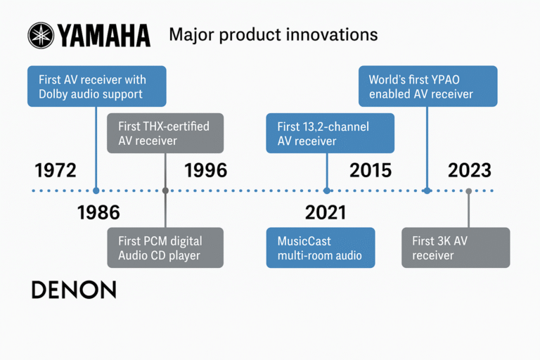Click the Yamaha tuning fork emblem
pyautogui.click(x=39, y=34)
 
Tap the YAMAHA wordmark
pyautogui.click(x=103, y=34)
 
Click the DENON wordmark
pyautogui.click(x=74, y=290)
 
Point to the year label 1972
pyautogui.click(x=55, y=170)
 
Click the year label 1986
pyautogui.click(x=98, y=212)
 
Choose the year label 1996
pyautogui.click(x=205, y=170)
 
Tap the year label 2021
pyautogui.click(x=326, y=212)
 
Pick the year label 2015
pyautogui.click(x=371, y=170)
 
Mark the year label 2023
pyautogui.click(x=469, y=170)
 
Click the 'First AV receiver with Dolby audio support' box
pyautogui.click(x=96, y=86)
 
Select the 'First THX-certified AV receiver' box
pyautogui.click(x=165, y=133)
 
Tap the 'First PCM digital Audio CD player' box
pyautogui.click(x=165, y=247)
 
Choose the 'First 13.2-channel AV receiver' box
pyautogui.click(x=330, y=133)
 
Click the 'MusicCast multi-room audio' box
pyautogui.click(x=320, y=247)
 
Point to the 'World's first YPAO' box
pyautogui.click(x=427, y=86)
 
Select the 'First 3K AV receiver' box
pyautogui.click(x=455, y=247)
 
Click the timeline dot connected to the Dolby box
pyautogui.click(x=96, y=191)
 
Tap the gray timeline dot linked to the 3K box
pyautogui.click(x=468, y=191)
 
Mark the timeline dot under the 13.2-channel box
pyautogui.click(x=327, y=191)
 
